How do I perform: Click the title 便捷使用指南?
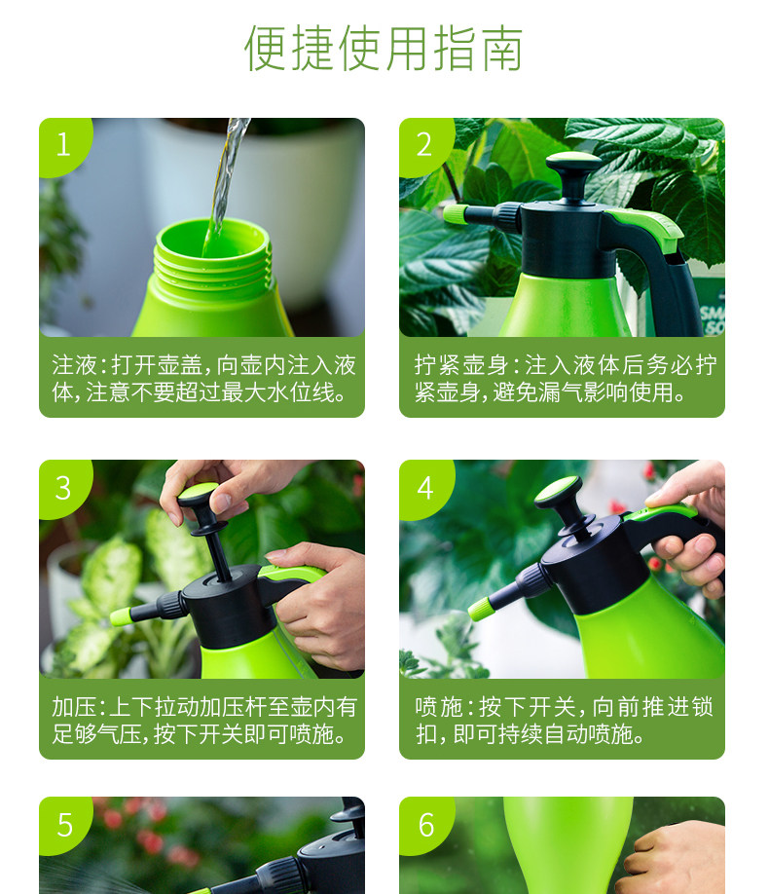coord(384,48)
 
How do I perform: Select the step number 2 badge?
coord(424,145)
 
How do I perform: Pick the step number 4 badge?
coord(424,489)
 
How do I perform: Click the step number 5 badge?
coord(64,825)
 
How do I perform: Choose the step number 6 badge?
coord(425,825)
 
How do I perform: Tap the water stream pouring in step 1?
coord(228,176)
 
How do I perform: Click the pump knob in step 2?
coord(573,163)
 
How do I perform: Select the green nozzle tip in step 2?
coord(455,215)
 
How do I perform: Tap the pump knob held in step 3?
coord(199,495)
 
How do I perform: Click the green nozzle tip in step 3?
coord(121,616)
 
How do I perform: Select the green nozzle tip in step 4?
coord(479,609)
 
